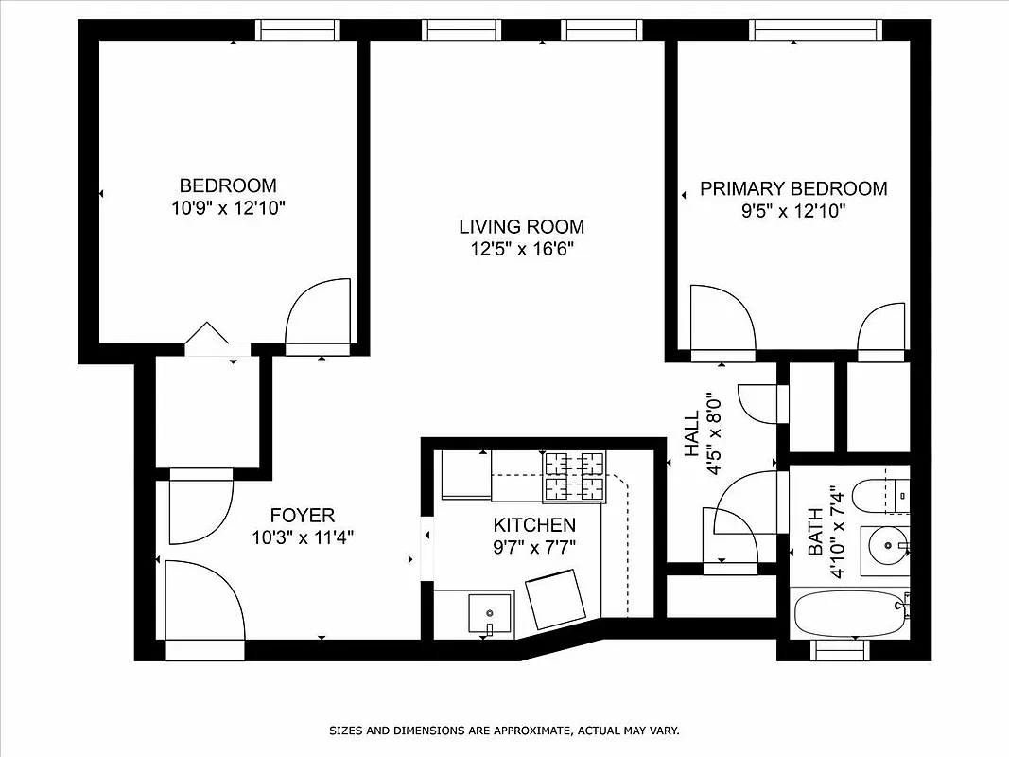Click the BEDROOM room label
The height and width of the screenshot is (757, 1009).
click(x=228, y=185)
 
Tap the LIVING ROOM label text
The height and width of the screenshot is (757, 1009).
click(x=521, y=227)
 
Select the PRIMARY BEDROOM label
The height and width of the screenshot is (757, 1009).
click(x=793, y=188)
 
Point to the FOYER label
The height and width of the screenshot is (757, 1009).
click(x=303, y=516)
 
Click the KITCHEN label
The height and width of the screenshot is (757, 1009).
click(x=534, y=525)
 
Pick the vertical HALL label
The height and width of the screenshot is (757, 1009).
click(x=692, y=430)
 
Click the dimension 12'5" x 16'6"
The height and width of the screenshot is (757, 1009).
click(x=521, y=250)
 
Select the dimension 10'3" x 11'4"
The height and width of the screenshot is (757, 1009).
click(x=303, y=538)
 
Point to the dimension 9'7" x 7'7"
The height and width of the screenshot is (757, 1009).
click(x=534, y=547)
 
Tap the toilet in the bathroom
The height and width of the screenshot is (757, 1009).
click(x=878, y=494)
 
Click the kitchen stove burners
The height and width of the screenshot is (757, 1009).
click(x=574, y=476)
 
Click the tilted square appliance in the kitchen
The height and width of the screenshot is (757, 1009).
click(x=557, y=602)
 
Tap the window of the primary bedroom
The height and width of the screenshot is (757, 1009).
click(x=816, y=29)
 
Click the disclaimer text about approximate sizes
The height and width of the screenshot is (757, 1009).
click(x=504, y=731)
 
